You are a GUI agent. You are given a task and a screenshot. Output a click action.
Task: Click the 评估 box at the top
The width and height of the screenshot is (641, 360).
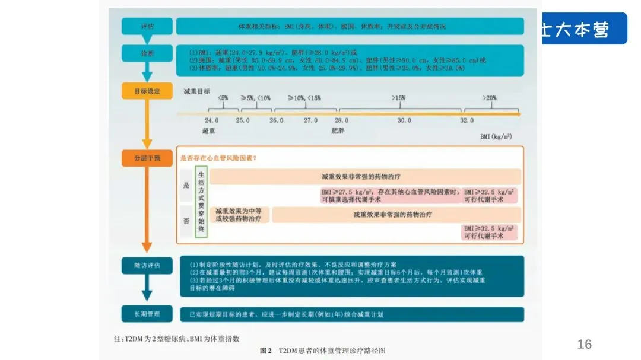click(x=147, y=27)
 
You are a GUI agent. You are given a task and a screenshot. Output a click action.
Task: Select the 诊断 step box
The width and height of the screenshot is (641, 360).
click(x=147, y=53)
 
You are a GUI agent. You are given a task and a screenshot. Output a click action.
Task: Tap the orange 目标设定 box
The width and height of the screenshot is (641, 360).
click(x=147, y=91)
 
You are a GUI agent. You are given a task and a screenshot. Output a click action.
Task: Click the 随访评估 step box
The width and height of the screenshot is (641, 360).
click(x=147, y=265)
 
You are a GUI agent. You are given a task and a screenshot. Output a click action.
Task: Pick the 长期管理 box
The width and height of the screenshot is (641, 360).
click(x=147, y=314)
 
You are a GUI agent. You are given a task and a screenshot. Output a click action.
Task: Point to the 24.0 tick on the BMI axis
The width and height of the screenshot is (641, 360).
click(x=211, y=120)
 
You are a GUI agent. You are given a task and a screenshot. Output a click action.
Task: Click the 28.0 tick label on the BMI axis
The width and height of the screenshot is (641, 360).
click(x=341, y=120)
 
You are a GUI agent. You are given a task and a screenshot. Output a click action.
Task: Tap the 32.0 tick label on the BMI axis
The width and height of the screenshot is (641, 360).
click(x=467, y=120)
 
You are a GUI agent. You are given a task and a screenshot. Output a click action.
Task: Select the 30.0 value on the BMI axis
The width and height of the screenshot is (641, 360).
click(x=404, y=120)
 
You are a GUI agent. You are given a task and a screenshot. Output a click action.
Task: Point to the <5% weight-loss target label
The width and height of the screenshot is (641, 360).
click(x=223, y=97)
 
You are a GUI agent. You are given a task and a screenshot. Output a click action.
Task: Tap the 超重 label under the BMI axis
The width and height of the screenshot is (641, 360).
click(x=208, y=131)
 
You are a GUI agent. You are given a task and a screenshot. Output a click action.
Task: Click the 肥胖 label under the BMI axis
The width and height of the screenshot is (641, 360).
click(x=338, y=131)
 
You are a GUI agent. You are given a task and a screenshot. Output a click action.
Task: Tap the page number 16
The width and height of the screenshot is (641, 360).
click(x=585, y=345)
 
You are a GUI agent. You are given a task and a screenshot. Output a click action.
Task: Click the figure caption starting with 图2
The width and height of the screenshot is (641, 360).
click(x=326, y=351)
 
